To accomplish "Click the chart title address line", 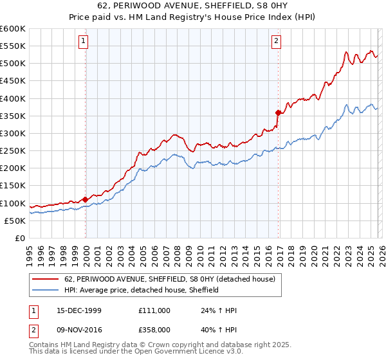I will pyautogui.click(x=192, y=7).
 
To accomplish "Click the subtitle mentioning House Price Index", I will pyautogui.click(x=192, y=17).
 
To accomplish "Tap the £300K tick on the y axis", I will pyautogui.click(x=12, y=133).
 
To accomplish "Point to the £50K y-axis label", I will pyautogui.click(x=14, y=221).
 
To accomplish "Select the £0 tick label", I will pyautogui.click(x=20, y=238).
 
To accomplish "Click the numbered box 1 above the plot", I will pyautogui.click(x=84, y=42).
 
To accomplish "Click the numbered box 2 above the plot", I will pyautogui.click(x=276, y=42).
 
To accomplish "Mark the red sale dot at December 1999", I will pyautogui.click(x=86, y=199).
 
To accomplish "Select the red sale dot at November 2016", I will pyautogui.click(x=278, y=113).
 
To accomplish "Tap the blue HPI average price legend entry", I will pyautogui.click(x=142, y=290).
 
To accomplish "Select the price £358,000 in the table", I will pyautogui.click(x=154, y=331).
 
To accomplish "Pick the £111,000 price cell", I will pyautogui.click(x=154, y=310).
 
